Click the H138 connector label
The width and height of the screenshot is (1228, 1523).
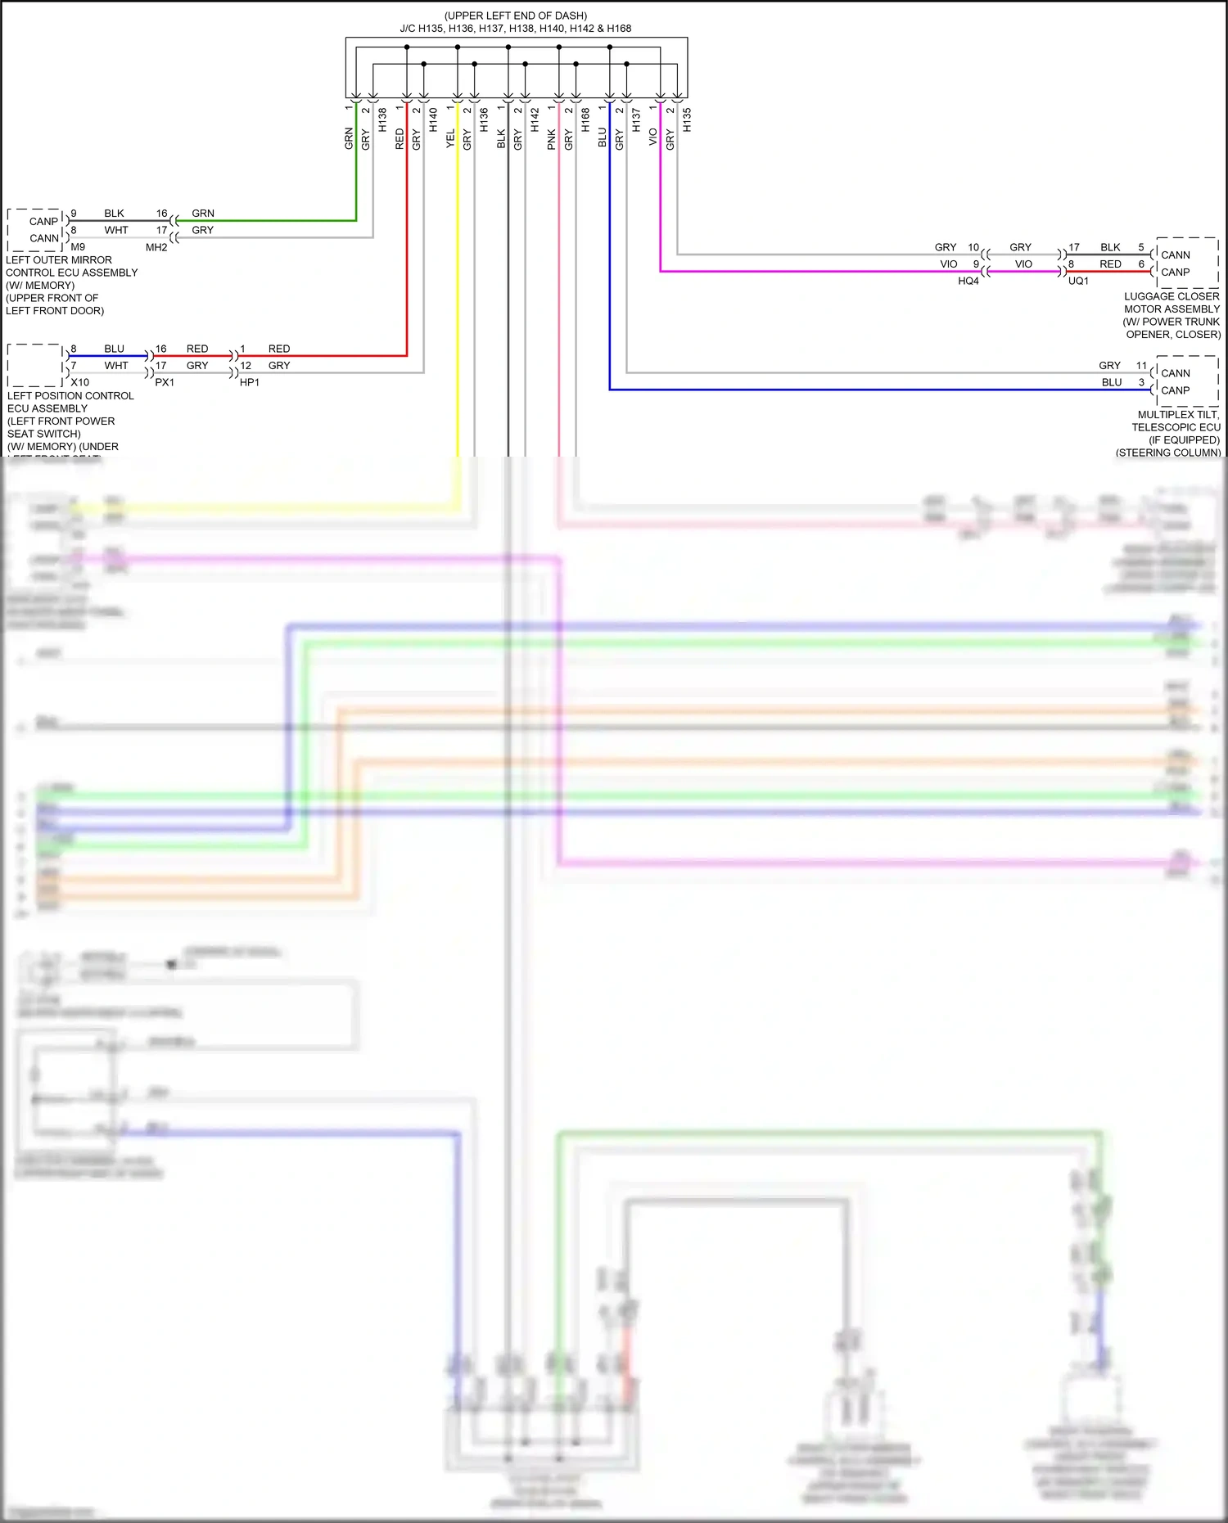(382, 120)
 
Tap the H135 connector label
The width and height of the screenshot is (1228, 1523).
(687, 120)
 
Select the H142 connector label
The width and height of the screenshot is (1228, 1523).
(535, 120)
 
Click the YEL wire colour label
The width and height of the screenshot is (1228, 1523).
(450, 138)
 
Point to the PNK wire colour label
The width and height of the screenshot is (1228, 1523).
(552, 138)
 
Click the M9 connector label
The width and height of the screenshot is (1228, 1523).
(78, 246)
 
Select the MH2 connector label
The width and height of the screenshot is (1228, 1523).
(156, 247)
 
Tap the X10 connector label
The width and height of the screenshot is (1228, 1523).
(79, 382)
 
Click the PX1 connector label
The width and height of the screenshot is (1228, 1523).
(165, 382)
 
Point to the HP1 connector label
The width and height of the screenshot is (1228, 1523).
(250, 382)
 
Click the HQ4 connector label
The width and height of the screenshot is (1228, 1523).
(968, 281)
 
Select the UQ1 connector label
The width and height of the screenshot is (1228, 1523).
(1078, 281)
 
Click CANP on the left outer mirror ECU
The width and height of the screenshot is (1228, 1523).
(43, 221)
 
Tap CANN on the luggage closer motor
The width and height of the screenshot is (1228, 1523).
(1176, 255)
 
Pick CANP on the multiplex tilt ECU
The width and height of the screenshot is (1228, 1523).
(1176, 390)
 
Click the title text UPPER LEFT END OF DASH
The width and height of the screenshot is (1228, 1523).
(516, 16)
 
